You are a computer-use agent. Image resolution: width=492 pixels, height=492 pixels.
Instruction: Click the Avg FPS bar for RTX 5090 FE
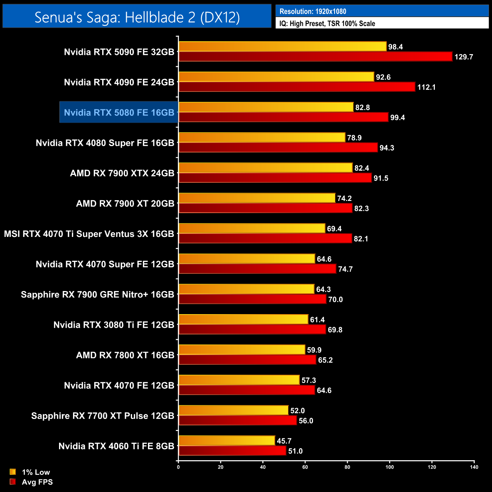[x=315, y=57]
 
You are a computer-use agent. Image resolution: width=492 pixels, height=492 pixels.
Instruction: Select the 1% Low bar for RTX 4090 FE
[x=276, y=77]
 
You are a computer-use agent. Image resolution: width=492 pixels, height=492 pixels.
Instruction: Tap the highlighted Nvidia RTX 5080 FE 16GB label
[x=119, y=112]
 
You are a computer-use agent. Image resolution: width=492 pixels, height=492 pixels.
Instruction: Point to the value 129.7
[x=464, y=57]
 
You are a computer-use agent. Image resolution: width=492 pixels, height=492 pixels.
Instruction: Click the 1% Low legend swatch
[x=13, y=472]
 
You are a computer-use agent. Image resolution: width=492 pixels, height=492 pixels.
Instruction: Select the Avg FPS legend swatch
[x=13, y=482]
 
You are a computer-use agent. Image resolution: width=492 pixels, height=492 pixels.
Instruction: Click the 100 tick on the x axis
[x=389, y=467]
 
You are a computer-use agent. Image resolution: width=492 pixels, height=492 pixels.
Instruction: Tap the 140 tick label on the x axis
[x=474, y=467]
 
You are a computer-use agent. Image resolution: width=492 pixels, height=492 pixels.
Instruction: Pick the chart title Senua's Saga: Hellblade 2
[x=137, y=17]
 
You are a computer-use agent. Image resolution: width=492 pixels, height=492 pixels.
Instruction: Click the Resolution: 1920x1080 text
[x=313, y=11]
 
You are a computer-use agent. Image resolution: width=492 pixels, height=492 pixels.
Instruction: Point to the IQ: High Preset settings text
[x=327, y=23]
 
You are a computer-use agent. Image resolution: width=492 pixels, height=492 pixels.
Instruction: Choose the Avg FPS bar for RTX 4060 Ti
[x=232, y=451]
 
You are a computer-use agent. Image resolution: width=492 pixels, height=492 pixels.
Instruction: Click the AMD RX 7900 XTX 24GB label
[x=122, y=173]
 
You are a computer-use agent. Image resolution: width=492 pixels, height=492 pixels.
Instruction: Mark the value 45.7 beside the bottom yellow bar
[x=284, y=441]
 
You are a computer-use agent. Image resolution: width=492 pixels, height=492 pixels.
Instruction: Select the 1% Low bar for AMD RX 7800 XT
[x=242, y=350]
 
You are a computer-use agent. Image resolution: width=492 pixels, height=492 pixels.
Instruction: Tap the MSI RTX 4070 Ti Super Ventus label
[x=89, y=234]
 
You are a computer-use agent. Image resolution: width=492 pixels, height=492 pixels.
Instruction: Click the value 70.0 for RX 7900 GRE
[x=335, y=299]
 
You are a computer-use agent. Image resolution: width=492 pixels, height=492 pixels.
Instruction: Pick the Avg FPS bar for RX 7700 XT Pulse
[x=238, y=420]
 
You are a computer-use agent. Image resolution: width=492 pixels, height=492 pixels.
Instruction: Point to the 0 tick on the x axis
[x=178, y=467]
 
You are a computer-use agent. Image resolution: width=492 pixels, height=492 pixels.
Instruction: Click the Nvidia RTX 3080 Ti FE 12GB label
[x=114, y=325]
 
